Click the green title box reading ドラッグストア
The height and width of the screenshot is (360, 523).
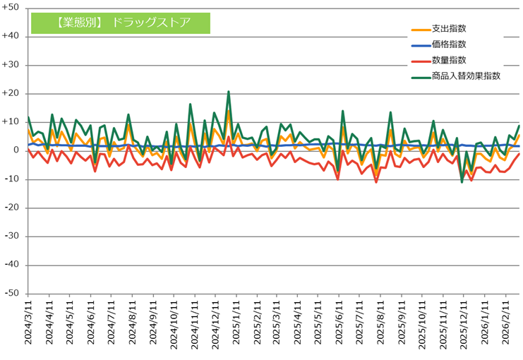pos(121,22)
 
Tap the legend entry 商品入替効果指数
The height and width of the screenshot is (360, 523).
pos(466,76)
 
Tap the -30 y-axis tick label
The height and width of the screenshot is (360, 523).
pos(12,236)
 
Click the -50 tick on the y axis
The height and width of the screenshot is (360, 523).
pos(12,294)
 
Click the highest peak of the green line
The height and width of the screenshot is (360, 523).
pos(229,92)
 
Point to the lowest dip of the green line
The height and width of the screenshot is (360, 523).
pos(462,182)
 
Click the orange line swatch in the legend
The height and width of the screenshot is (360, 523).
pos(421,29)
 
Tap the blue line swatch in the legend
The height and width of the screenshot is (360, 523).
pos(421,44)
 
